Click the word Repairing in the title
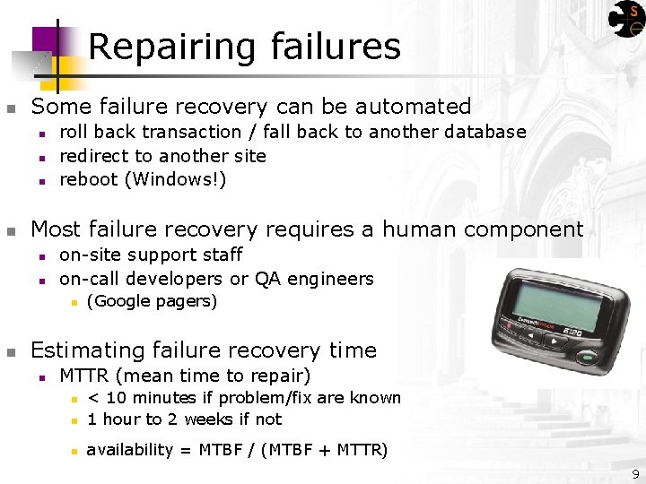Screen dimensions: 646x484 171,48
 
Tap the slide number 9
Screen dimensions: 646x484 636,474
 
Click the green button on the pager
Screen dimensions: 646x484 586,358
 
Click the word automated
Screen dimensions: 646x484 414,106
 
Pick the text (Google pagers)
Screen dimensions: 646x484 152,301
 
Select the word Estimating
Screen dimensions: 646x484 87,350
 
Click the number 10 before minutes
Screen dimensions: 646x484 116,398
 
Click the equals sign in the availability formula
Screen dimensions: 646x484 186,451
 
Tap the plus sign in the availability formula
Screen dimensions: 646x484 324,450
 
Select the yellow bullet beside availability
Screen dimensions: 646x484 74,452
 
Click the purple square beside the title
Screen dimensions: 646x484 45,41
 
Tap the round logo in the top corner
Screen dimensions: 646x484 626,19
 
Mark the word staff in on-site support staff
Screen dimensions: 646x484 226,255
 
